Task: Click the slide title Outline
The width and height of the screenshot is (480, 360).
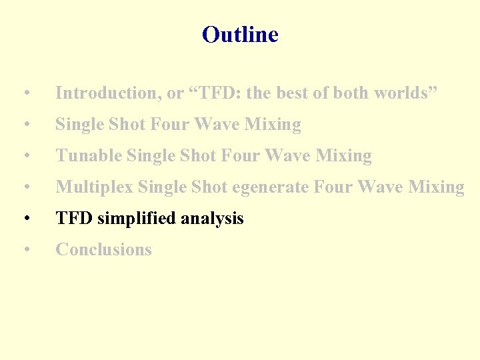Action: [x=240, y=35]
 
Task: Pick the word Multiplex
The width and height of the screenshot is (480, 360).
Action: [x=94, y=187]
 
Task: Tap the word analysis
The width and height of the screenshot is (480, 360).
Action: [x=215, y=219]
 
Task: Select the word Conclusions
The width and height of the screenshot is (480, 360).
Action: [x=103, y=250]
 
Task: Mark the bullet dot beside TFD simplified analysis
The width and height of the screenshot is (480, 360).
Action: [x=25, y=219]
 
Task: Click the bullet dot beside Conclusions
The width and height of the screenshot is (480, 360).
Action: [x=25, y=251]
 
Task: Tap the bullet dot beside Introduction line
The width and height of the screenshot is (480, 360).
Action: [x=25, y=94]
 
